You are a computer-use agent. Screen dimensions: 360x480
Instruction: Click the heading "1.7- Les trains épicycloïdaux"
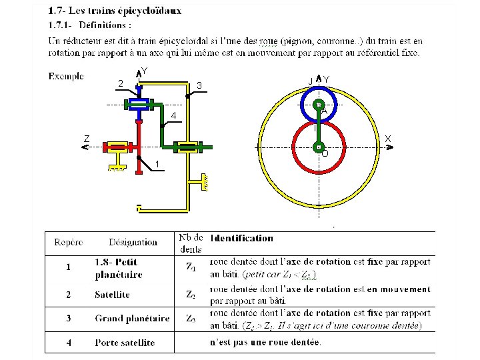coord(115,11)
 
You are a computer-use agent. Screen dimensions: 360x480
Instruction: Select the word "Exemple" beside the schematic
coord(66,76)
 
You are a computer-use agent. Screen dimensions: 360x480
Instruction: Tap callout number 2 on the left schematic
coord(119,83)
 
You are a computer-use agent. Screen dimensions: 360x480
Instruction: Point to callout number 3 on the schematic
coord(199,85)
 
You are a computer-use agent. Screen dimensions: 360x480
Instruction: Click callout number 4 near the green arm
coord(173,117)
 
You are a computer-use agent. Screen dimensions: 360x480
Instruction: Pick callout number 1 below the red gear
coord(157,164)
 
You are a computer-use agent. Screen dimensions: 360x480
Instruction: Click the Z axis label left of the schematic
coord(87,139)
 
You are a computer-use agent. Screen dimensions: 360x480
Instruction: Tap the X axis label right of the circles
coord(388,139)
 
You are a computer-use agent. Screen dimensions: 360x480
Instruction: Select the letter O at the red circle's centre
coord(325,153)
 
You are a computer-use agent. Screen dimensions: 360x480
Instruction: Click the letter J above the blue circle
coord(311,80)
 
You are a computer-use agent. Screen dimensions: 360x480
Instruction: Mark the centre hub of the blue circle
coord(319,105)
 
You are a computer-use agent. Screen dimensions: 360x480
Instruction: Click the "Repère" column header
coord(69,242)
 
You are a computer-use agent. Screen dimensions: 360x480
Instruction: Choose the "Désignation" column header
coord(133,242)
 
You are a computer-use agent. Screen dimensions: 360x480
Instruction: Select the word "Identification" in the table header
coord(241,238)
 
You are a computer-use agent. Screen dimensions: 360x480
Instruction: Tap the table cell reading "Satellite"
coord(113,295)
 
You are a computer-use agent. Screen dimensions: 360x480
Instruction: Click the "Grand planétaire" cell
coord(127,319)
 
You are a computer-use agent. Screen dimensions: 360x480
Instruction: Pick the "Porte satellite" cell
coord(125,343)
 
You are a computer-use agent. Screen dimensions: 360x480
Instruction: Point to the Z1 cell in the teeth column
coord(191,269)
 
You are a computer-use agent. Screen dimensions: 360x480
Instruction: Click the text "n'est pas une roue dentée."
coord(265,343)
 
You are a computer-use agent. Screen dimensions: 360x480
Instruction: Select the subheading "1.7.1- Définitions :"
coord(89,25)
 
